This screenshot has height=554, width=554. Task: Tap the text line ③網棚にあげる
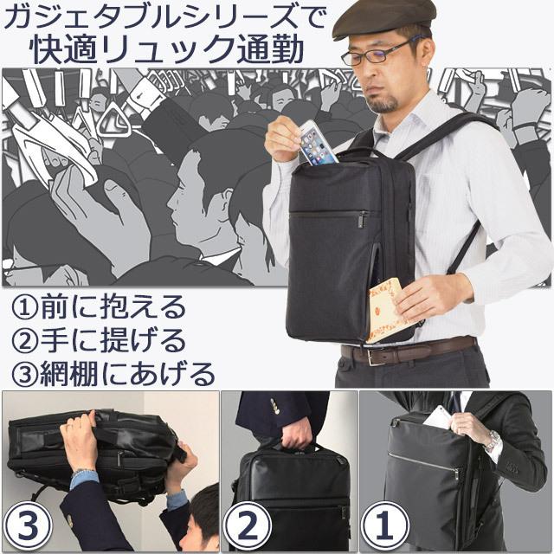113,374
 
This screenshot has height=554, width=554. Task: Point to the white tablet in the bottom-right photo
437,417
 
